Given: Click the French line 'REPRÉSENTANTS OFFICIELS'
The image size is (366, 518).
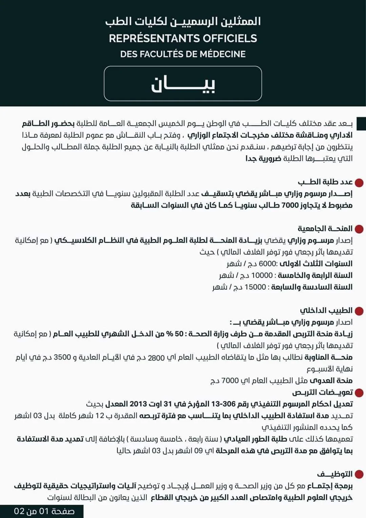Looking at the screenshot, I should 183,38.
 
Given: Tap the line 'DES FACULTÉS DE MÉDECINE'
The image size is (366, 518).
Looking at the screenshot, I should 183,54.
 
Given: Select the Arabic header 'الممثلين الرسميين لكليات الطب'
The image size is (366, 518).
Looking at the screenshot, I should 183,21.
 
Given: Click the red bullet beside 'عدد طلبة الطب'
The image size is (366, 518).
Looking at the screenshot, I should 359,183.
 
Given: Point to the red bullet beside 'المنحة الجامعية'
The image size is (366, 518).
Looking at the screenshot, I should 359,229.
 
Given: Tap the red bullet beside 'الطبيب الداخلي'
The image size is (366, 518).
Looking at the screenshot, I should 359,311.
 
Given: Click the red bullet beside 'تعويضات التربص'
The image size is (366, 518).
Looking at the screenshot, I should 359,393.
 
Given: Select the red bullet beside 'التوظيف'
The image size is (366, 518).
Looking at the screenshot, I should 359,474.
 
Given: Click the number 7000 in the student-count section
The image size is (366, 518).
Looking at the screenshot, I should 290,205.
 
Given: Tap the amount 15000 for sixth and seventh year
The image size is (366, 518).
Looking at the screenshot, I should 255,287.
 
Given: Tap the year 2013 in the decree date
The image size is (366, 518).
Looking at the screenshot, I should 138,404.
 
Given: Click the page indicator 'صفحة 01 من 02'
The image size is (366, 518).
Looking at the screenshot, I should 44,511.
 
